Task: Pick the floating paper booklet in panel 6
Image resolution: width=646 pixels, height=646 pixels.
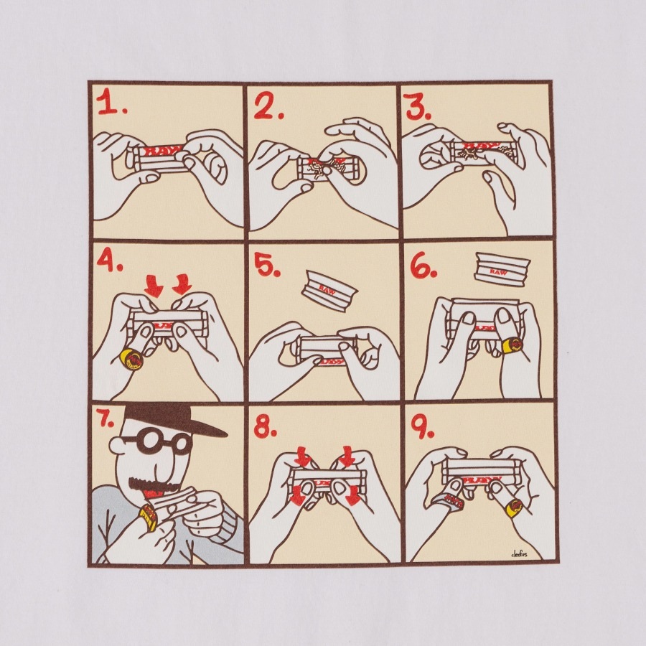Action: tap(501, 271)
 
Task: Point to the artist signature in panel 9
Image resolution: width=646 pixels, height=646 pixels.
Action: tap(519, 553)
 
